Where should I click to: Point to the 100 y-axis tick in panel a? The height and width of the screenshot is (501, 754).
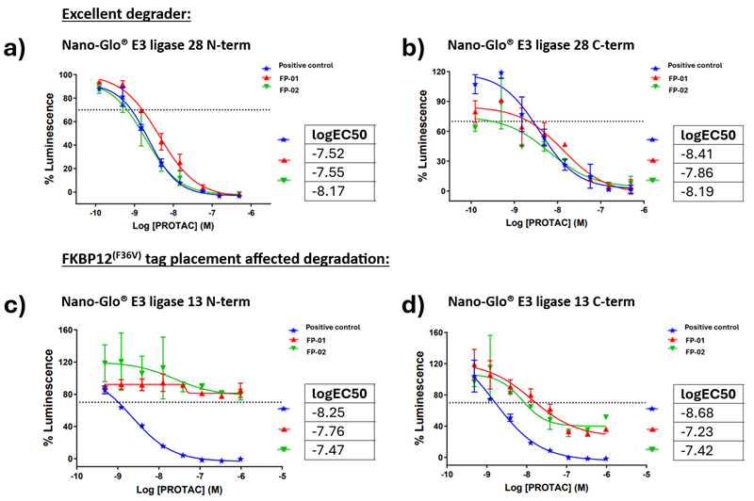tap(67, 74)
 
